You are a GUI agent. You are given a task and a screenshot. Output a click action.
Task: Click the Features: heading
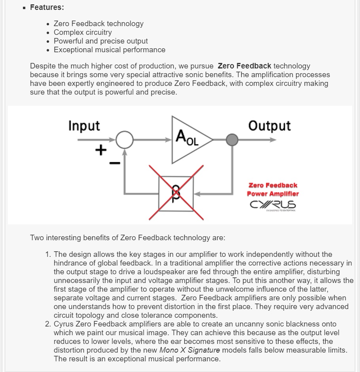47,8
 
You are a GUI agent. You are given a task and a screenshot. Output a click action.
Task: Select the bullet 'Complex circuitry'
83,32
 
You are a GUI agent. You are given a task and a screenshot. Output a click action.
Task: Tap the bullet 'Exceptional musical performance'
110,50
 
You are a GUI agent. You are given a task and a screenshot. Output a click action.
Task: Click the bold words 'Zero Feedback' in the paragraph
244,66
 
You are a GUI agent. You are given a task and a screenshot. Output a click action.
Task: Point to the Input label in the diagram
84,126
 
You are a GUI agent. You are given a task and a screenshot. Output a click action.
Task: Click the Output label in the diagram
269,126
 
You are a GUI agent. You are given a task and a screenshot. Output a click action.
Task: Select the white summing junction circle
124,140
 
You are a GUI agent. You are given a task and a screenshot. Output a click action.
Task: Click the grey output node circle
232,140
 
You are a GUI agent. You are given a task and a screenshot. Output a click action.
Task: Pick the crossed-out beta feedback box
176,193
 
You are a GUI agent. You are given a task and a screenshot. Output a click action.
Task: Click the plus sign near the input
101,150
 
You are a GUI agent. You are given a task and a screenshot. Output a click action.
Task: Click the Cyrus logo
273,205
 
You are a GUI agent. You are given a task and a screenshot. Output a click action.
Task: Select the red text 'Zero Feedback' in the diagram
273,185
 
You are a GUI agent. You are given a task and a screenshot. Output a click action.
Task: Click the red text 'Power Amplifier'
273,194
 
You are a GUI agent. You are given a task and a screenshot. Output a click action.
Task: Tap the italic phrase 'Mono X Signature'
189,350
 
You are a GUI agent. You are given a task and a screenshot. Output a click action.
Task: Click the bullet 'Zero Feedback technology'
99,24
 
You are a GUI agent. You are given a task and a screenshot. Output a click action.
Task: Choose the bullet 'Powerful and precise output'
101,41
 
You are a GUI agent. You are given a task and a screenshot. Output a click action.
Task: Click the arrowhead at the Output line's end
273,140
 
